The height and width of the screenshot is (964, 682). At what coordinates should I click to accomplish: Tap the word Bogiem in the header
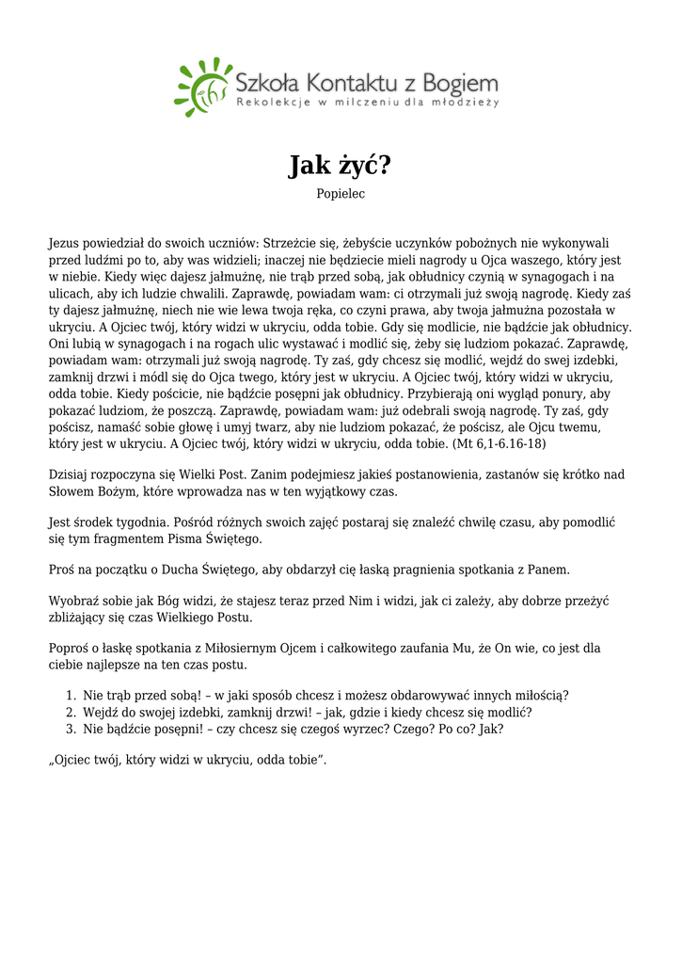click(461, 81)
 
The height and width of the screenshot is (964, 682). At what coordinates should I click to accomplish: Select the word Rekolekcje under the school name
click(272, 102)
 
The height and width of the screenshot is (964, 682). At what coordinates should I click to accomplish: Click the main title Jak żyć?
click(340, 166)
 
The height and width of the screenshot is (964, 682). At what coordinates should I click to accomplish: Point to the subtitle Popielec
click(341, 194)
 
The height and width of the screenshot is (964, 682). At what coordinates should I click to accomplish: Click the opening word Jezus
click(66, 243)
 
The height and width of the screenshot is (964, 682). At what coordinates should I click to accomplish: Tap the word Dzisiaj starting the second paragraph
click(71, 474)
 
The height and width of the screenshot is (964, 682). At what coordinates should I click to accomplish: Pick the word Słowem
click(72, 491)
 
